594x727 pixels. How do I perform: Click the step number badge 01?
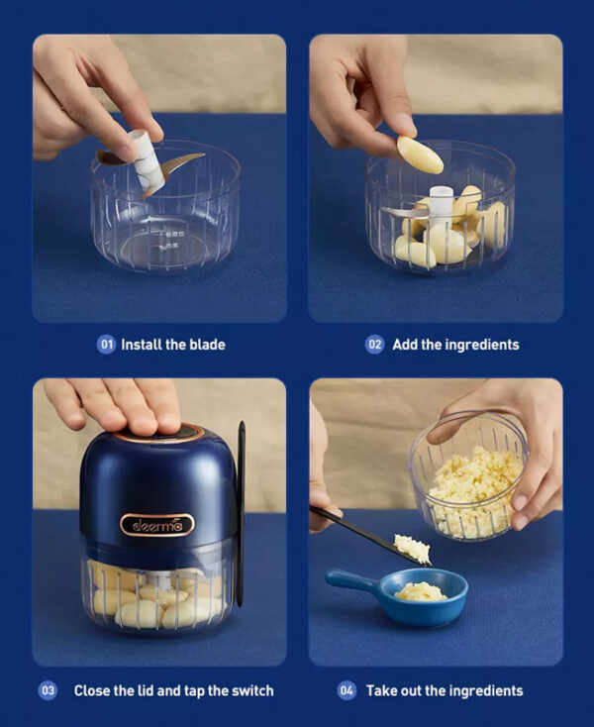pyautogui.click(x=106, y=345)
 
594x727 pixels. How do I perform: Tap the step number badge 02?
pyautogui.click(x=374, y=345)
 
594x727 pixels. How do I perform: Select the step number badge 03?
pyautogui.click(x=48, y=690)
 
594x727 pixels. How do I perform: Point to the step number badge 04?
pyautogui.click(x=346, y=690)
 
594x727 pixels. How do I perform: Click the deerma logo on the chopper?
pyautogui.click(x=157, y=525)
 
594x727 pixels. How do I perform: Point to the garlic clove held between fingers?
pyautogui.click(x=420, y=155)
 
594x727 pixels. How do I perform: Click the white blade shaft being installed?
pyautogui.click(x=148, y=161)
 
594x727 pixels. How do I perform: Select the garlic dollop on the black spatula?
pyautogui.click(x=413, y=548)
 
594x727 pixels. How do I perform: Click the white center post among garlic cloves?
pyautogui.click(x=441, y=200)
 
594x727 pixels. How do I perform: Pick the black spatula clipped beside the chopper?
pyautogui.click(x=242, y=513)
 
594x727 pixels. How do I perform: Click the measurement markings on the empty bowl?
pyautogui.click(x=172, y=240)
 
